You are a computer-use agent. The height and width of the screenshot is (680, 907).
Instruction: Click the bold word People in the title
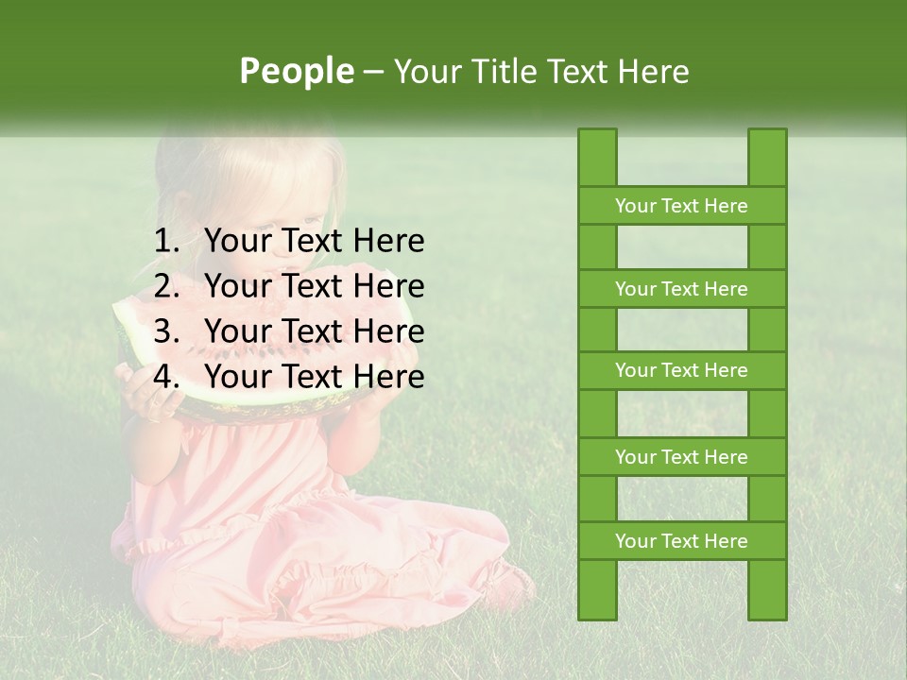(296, 71)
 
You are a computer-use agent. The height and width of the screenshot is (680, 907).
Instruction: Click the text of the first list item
(314, 242)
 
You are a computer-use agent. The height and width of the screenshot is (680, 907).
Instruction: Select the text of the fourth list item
(314, 377)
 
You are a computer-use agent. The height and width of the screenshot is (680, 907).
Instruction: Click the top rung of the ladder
(681, 206)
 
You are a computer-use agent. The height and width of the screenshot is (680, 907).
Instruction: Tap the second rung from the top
(681, 289)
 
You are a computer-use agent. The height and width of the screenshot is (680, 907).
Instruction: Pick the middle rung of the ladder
(681, 371)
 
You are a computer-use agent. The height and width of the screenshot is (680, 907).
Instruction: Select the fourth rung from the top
(681, 457)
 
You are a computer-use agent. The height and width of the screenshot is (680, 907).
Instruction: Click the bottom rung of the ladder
(681, 541)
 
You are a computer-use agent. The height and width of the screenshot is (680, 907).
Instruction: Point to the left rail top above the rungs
(597, 157)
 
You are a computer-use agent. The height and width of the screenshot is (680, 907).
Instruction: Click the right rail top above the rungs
(767, 157)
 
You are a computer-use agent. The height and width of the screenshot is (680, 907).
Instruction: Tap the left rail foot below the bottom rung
(597, 589)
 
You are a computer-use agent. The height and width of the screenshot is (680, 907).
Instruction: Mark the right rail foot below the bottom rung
(767, 589)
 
